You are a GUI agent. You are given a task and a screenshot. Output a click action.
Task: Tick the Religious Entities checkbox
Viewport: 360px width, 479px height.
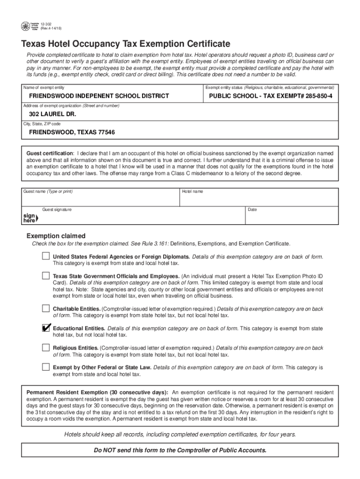coord(45,348)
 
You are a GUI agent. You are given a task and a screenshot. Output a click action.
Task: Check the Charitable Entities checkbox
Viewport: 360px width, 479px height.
coord(45,308)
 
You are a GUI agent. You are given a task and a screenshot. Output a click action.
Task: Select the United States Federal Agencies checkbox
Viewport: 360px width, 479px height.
coord(45,256)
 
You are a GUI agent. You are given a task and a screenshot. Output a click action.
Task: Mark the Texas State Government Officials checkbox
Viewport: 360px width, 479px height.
coord(45,276)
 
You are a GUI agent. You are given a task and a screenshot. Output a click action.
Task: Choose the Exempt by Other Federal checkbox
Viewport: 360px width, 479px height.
coord(45,367)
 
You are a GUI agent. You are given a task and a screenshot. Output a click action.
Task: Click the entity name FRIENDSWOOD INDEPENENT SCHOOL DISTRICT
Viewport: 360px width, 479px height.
coord(99,96)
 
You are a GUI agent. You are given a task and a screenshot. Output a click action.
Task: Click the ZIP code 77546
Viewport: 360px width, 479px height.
coord(105,132)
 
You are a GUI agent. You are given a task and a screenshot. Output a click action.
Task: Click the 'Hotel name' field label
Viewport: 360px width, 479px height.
coord(193,192)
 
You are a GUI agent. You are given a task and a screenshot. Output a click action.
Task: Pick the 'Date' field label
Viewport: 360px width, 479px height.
coord(252,210)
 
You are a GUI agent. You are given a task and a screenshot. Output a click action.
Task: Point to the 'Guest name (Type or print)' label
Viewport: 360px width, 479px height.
coord(48,192)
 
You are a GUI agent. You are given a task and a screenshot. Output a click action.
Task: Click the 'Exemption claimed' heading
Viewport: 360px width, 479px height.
coord(56,236)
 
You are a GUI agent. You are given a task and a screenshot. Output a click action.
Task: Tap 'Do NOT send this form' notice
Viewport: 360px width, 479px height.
coord(180,450)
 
